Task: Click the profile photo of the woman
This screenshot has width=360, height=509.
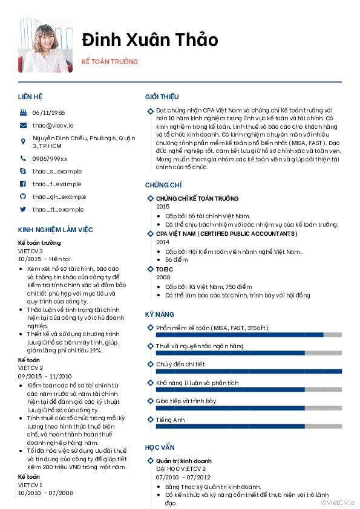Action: (45, 45)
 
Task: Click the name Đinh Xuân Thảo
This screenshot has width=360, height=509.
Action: (150, 40)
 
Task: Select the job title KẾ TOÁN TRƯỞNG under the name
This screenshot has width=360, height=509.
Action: (110, 62)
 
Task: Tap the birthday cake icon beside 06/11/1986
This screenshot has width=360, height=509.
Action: (23, 112)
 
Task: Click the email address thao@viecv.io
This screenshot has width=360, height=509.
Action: (53, 125)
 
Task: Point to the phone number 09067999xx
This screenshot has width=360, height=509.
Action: (50, 158)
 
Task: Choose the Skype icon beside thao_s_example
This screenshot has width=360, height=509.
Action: (23, 171)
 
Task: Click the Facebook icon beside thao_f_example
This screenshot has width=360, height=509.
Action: (23, 184)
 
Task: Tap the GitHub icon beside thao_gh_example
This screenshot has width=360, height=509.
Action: (23, 196)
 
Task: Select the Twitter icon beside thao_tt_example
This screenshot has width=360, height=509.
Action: (23, 209)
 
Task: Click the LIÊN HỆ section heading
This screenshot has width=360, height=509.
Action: (30, 97)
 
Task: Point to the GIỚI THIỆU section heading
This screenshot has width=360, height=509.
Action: (162, 97)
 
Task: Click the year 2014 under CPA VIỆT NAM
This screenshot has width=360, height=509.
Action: (163, 242)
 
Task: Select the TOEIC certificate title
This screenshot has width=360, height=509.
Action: (164, 269)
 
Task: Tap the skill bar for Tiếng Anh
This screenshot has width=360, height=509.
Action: (249, 427)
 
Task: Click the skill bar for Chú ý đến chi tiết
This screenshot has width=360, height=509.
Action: (249, 371)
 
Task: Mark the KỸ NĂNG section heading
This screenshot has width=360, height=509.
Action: (159, 314)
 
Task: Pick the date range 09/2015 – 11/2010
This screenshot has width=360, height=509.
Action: (45, 375)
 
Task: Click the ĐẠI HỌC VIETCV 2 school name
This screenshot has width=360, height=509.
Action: (180, 468)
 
